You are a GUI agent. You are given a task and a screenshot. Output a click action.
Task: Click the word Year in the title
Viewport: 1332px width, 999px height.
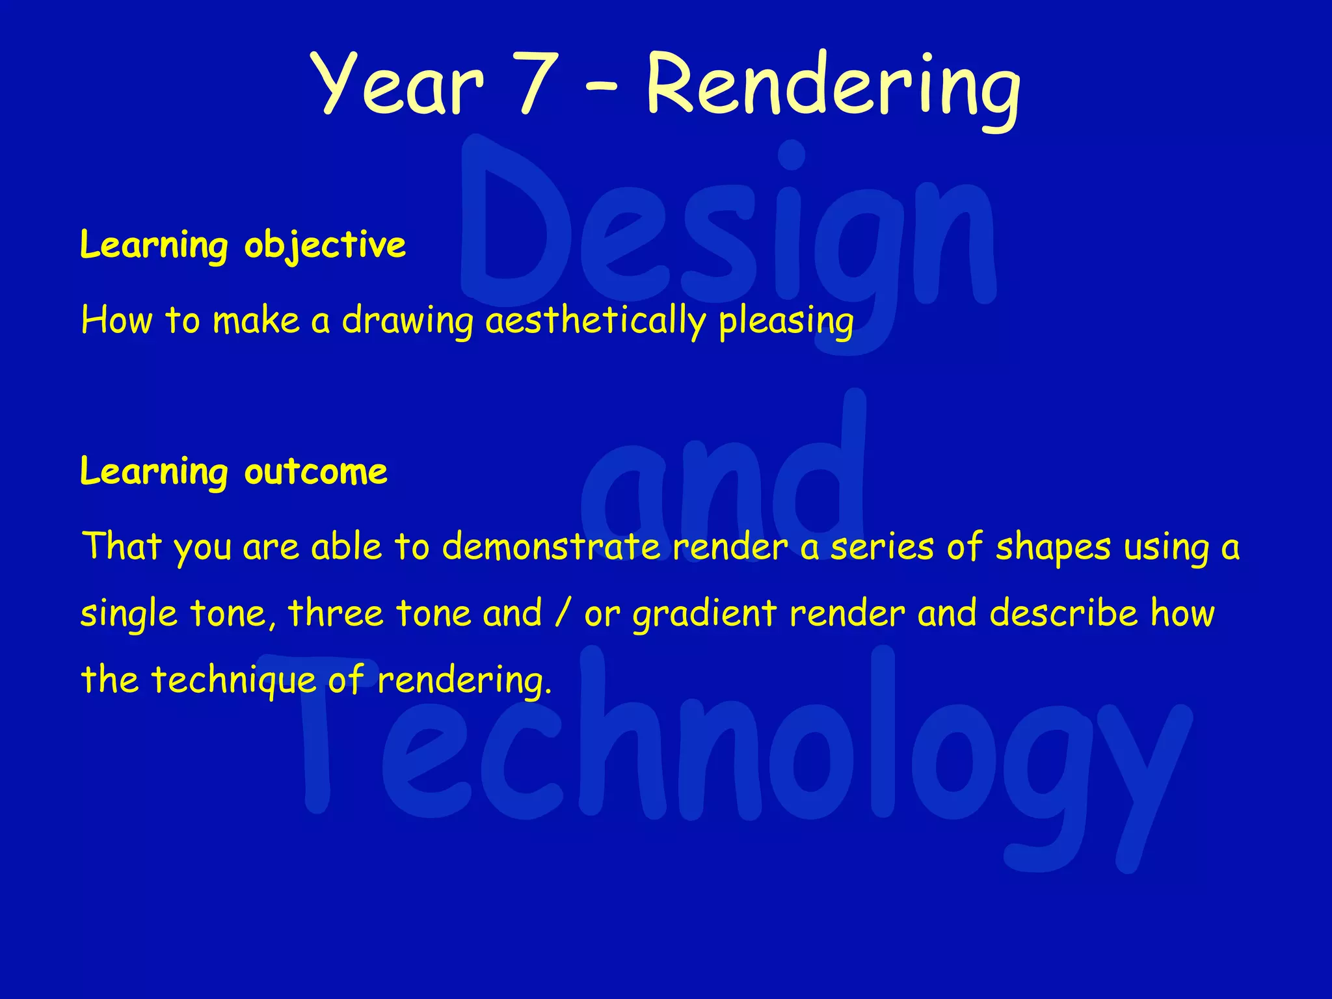[398, 85]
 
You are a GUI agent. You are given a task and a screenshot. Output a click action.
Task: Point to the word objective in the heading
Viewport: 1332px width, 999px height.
[325, 246]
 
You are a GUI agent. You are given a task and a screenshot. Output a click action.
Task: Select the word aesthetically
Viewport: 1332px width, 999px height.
[595, 321]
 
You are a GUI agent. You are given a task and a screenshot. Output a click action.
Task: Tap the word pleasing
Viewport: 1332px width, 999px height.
[786, 321]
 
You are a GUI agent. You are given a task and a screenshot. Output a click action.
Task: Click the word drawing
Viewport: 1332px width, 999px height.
[408, 321]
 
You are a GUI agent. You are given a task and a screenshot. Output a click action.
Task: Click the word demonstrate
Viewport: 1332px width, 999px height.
[551, 546]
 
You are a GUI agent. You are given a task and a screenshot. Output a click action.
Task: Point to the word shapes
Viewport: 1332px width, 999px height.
[1053, 546]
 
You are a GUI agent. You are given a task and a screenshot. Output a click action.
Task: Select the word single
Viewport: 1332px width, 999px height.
[129, 613]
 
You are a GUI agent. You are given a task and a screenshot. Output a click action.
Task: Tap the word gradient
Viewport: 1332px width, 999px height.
[704, 613]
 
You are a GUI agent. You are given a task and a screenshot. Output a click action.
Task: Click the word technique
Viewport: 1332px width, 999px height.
[233, 680]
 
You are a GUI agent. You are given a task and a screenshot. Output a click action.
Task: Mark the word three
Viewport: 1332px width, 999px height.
[336, 613]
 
